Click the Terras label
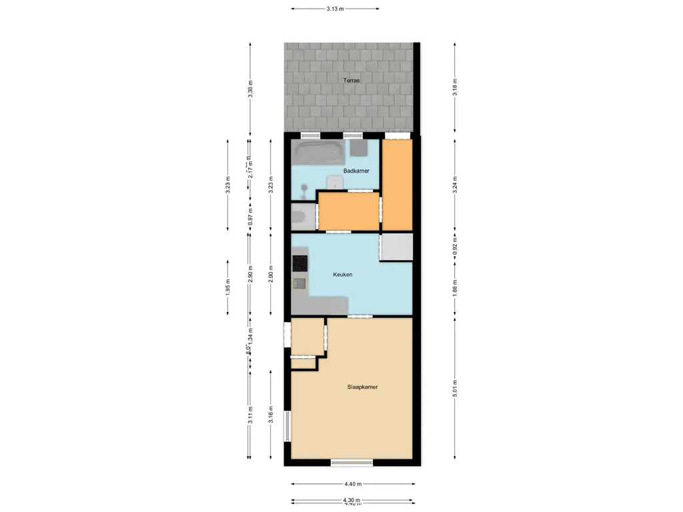click(x=352, y=80)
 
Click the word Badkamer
click(x=356, y=171)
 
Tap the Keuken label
click(x=342, y=274)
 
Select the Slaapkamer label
click(x=362, y=387)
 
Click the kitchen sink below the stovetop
click(x=299, y=283)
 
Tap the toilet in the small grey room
click(x=299, y=217)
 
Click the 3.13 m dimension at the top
click(x=335, y=9)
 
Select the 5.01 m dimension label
click(x=455, y=388)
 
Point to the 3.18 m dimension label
click(x=455, y=87)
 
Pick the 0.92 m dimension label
click(x=455, y=247)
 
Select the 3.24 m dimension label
click(x=455, y=184)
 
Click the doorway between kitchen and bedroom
click(x=359, y=316)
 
